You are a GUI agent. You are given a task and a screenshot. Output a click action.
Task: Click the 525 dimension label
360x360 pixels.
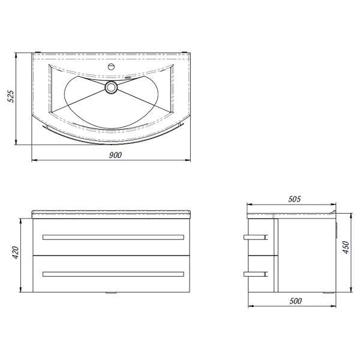point(11,97)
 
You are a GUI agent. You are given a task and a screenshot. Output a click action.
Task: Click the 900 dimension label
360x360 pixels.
point(115,155)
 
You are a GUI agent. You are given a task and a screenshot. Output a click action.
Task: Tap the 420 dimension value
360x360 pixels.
point(16,253)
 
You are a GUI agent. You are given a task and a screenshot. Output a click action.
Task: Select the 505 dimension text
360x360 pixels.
point(295,199)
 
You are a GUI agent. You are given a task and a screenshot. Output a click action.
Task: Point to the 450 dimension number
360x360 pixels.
point(346,247)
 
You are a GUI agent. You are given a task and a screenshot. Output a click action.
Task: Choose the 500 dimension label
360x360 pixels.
point(295,301)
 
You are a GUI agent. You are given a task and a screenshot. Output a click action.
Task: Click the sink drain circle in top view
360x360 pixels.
point(112,88)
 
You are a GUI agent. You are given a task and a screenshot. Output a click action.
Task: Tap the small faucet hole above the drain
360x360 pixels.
point(111,67)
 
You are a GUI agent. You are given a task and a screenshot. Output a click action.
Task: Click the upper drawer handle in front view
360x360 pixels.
point(113,237)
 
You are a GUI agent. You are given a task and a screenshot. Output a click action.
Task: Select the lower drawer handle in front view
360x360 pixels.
point(113,274)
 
